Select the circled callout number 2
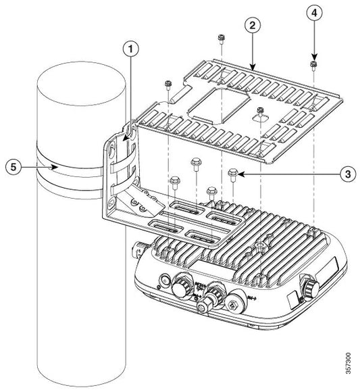251,26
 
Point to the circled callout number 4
313,12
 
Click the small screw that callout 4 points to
314,65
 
